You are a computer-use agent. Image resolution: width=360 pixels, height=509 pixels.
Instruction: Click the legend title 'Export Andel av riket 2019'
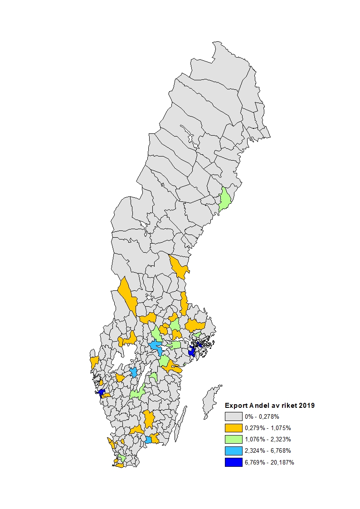pyautogui.click(x=270, y=406)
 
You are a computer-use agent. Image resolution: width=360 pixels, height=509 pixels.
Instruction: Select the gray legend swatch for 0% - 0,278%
pyautogui.click(x=234, y=416)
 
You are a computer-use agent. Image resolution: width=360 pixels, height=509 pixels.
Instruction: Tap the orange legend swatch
pyautogui.click(x=234, y=428)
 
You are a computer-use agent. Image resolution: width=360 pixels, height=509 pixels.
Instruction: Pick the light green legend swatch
pyautogui.click(x=234, y=439)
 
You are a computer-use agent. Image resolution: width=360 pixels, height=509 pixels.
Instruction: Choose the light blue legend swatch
pyautogui.click(x=234, y=451)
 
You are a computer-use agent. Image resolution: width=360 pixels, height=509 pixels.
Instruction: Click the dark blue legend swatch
pyautogui.click(x=234, y=462)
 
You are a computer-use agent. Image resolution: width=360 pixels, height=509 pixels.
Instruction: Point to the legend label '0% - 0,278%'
pyautogui.click(x=262, y=416)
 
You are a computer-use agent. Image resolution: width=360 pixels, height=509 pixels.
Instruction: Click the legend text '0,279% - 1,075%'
pyautogui.click(x=268, y=428)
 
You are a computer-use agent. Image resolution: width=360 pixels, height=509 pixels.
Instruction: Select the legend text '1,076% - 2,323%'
pyautogui.click(x=268, y=439)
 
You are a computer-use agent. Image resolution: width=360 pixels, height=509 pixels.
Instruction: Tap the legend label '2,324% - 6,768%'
pyautogui.click(x=268, y=451)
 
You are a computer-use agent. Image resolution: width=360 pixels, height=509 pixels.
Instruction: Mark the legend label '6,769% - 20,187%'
pyautogui.click(x=269, y=462)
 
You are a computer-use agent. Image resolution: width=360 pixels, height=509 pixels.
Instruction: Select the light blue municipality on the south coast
pyautogui.click(x=148, y=440)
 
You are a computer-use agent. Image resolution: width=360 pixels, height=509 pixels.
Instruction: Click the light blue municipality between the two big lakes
pyautogui.click(x=133, y=372)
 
